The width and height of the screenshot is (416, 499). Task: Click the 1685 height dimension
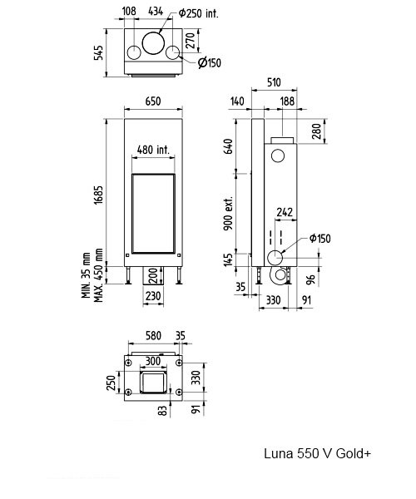point(99,195)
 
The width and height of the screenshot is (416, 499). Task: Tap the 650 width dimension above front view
point(153,101)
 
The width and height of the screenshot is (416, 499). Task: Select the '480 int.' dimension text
point(153,149)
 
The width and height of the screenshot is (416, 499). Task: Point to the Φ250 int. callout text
point(199,13)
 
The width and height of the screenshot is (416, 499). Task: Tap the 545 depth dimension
point(99,53)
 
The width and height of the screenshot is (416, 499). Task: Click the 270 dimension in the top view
point(190,40)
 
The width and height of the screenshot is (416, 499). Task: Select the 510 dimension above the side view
point(274,82)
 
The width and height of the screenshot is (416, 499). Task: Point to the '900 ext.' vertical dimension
point(228,213)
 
